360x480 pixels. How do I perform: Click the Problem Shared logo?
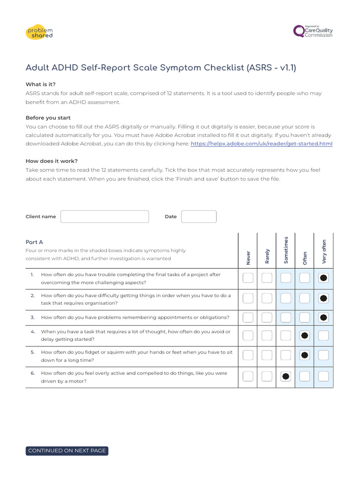39,32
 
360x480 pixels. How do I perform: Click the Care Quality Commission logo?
313,31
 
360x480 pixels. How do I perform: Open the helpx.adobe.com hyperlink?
261,144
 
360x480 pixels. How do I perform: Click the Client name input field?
105,217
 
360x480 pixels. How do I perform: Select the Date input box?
199,217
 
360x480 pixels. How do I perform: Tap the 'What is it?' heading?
40,84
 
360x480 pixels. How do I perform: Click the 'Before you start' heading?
48,118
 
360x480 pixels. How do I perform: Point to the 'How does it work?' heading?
52,161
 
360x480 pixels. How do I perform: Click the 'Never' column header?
248,257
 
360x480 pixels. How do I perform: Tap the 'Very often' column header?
323,252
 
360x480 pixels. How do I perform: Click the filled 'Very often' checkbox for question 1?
323,278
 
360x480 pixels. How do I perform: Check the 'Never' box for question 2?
248,298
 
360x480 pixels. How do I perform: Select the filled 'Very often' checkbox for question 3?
323,318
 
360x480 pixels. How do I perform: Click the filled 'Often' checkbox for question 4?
305,335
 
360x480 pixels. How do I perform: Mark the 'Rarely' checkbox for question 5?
267,355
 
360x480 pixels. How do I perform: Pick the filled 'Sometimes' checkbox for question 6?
286,376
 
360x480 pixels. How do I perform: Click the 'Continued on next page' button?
67,450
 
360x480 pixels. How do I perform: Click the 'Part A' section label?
34,242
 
